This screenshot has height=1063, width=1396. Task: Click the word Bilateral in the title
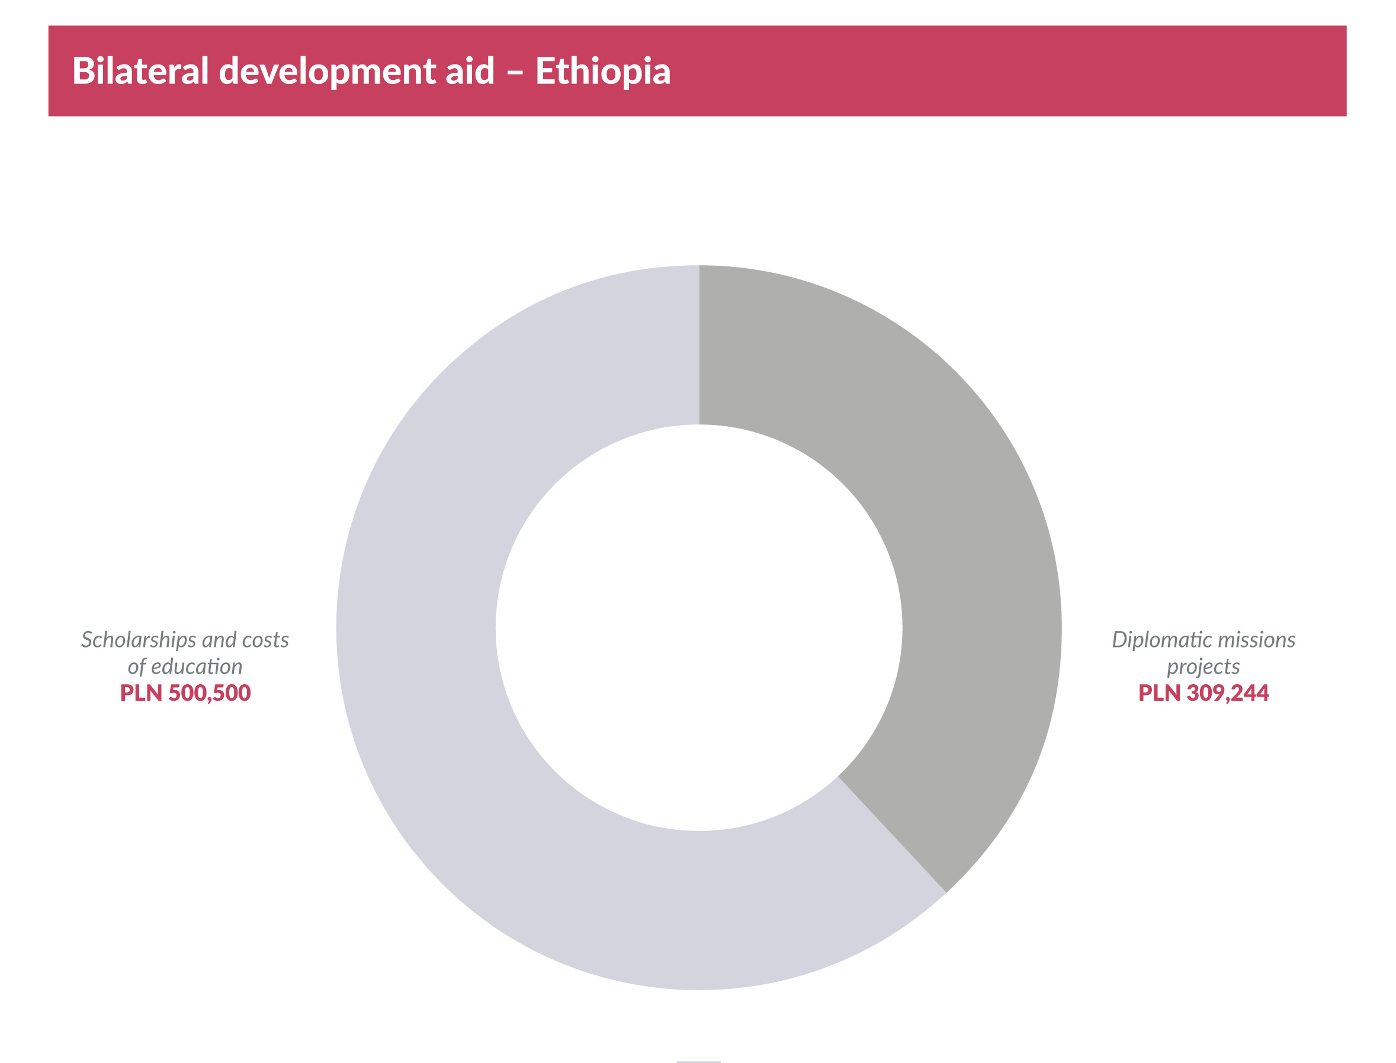[x=140, y=71]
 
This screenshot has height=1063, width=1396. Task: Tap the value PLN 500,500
[x=185, y=693]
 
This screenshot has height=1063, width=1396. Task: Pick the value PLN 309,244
[x=1203, y=693]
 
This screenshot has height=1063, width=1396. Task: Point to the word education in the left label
[x=196, y=666]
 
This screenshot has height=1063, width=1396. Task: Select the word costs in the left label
[x=265, y=640]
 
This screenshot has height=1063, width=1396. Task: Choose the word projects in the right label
[x=1203, y=668]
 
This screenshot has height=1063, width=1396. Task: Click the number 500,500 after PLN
[x=209, y=693]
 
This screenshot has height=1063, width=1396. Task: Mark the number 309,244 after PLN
[x=1227, y=693]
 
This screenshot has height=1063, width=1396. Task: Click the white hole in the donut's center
[x=698, y=627]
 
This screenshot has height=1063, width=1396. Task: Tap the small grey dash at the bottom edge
[x=698, y=1061]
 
